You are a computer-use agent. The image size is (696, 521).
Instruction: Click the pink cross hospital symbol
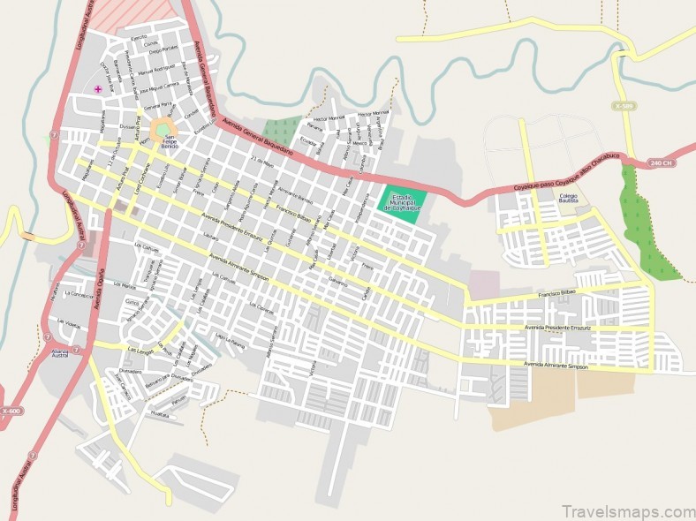pyautogui.click(x=98, y=89)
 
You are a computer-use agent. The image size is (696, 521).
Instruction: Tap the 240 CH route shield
pyautogui.click(x=661, y=163)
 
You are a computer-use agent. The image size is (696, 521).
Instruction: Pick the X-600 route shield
pyautogui.click(x=11, y=411)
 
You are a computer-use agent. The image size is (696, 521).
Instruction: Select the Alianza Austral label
pyautogui.click(x=61, y=353)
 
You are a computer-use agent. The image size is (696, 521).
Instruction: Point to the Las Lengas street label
pyautogui.click(x=141, y=351)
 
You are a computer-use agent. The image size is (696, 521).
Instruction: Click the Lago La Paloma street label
pyautogui.click(x=228, y=338)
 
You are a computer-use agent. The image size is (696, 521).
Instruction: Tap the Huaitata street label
pyautogui.click(x=160, y=412)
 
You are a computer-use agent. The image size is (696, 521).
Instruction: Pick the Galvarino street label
pyautogui.click(x=337, y=281)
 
